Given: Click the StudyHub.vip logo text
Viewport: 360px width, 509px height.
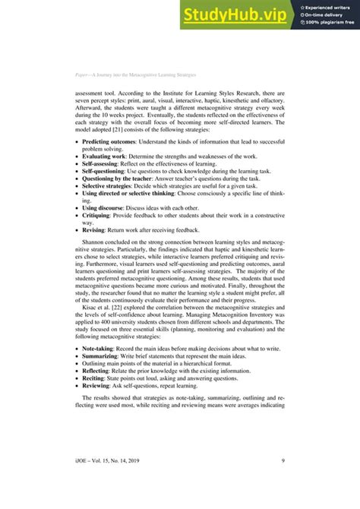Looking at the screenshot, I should click(x=237, y=14).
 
